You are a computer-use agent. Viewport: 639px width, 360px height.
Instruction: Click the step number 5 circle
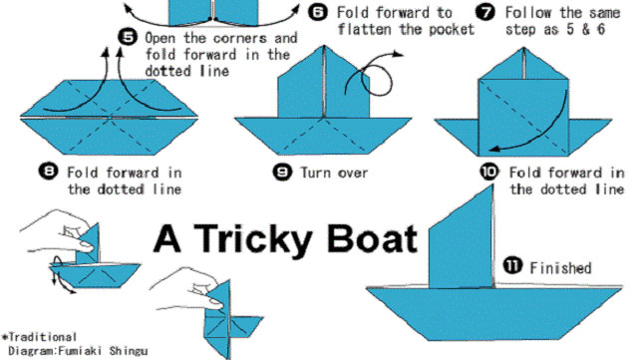(x=128, y=37)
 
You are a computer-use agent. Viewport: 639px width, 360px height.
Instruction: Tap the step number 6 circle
(x=317, y=12)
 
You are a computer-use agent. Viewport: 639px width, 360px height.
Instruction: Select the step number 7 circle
(x=485, y=12)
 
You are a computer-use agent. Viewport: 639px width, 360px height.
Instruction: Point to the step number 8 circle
(x=49, y=171)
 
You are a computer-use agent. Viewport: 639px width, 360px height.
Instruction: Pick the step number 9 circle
(x=282, y=172)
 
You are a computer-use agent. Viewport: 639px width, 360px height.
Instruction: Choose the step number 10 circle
(x=489, y=172)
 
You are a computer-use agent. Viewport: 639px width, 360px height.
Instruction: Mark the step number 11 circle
(x=512, y=266)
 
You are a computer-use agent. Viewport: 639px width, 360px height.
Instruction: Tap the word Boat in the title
(x=372, y=238)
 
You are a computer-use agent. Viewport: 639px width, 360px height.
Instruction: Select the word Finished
(x=560, y=268)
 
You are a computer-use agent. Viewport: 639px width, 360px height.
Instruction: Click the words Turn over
(x=334, y=173)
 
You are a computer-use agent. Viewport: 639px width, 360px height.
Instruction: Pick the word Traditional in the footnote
(x=43, y=337)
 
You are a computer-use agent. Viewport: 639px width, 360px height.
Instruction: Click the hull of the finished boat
(x=493, y=313)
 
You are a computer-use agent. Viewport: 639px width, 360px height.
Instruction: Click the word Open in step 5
(x=161, y=39)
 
